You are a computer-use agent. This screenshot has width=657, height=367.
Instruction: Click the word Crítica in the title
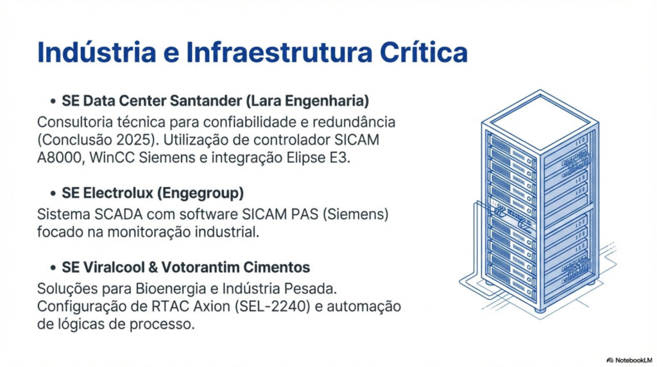coord(423,52)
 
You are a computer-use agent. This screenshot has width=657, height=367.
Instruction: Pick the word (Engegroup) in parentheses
coord(200,193)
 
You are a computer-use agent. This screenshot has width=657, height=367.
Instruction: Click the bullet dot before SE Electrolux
coord(53,193)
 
